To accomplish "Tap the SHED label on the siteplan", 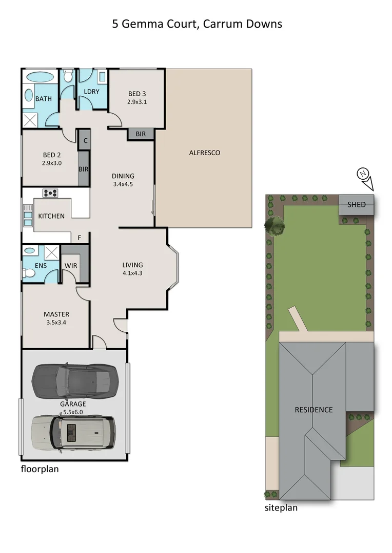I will tap(357, 204).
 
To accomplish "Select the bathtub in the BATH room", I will tap(39, 77).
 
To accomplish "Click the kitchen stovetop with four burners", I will tap(50, 193).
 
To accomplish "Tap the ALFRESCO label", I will tap(205, 153).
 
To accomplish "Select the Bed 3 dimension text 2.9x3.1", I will tap(137, 102).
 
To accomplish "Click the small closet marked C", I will tap(85, 140).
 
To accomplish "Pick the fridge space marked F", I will tap(79, 238).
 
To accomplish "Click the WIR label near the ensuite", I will tap(71, 265).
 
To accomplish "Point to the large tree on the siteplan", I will tap(276, 224).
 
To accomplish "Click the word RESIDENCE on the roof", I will tap(313, 410).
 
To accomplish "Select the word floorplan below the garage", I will tap(40, 469).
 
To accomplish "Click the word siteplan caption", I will tap(281, 508).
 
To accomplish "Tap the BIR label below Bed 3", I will tap(141, 134).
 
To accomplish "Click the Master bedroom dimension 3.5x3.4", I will tap(56, 323).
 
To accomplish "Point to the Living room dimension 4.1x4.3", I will tap(132, 273).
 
